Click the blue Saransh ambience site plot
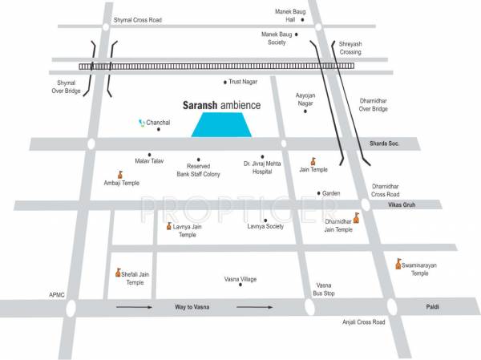223,125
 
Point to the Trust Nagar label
245,82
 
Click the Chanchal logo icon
141,123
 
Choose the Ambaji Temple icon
120,174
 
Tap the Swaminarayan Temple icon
398,263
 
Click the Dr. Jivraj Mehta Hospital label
263,167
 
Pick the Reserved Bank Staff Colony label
198,170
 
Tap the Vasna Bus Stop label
323,289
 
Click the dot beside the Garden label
319,193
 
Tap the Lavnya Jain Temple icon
168,227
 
